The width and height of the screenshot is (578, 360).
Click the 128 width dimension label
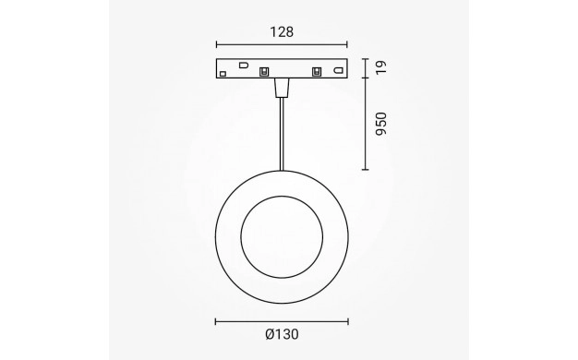pos(282,32)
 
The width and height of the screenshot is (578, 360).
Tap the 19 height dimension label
pos(381,67)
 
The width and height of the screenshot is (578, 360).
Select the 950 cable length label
pos(381,124)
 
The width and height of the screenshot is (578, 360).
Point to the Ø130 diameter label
pos(282,334)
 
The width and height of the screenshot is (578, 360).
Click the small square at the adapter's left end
pos(223,74)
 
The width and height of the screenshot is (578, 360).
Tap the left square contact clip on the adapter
pos(263,71)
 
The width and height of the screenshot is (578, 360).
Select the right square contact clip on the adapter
pos(317,71)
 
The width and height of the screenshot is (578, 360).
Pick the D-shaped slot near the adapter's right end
pos(338,70)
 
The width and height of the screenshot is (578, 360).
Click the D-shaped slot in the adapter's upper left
pos(244,65)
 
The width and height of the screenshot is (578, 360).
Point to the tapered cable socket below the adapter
pos(282,88)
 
